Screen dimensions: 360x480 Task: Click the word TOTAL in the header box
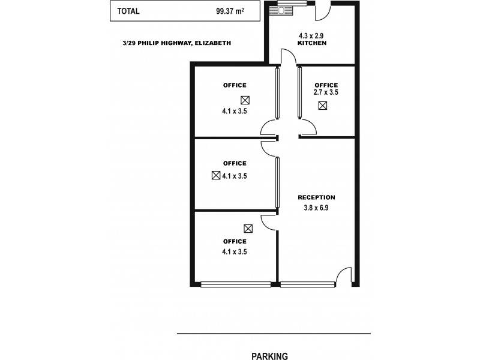[x=128, y=11]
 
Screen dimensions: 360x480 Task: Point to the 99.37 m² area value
[x=230, y=11]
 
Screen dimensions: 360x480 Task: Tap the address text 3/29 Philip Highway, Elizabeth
[x=175, y=43]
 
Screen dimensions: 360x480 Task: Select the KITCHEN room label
[x=312, y=44]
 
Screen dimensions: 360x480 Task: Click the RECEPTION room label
[x=317, y=197]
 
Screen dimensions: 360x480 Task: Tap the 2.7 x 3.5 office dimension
[x=326, y=93]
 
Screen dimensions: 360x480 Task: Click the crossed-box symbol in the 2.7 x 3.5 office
[x=323, y=106]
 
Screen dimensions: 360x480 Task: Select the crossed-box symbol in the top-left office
[x=245, y=100]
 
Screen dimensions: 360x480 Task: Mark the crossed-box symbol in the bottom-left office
[x=248, y=228]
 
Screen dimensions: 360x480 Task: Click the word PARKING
[x=269, y=356]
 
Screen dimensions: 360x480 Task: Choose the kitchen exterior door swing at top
[x=322, y=11]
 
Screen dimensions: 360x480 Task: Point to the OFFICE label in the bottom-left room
[x=235, y=241]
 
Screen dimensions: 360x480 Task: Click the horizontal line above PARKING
[x=274, y=333]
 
